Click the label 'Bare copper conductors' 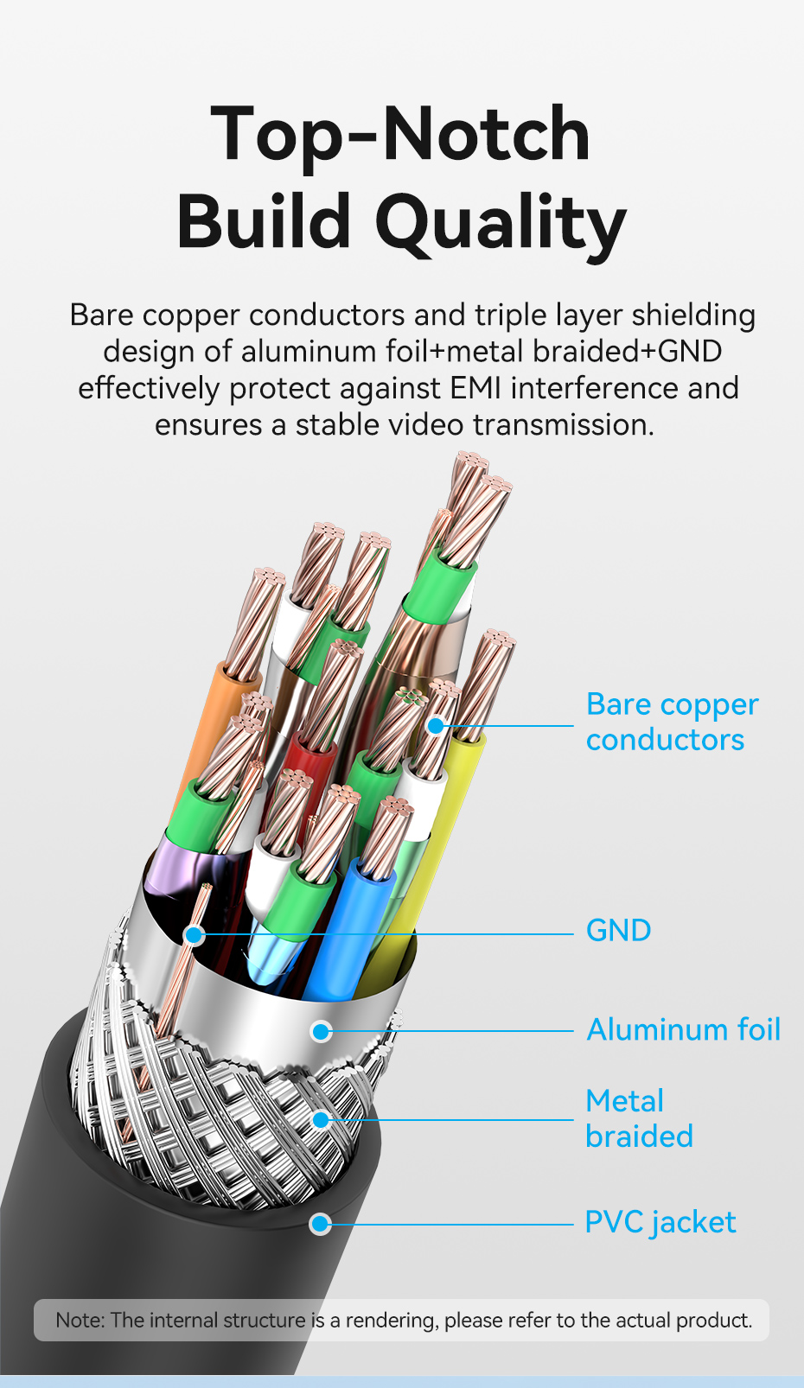(672, 722)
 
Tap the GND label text (618, 931)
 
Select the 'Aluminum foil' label (683, 1030)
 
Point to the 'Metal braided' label (638, 1118)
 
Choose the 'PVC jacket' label (660, 1223)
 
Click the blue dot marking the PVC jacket (321, 1224)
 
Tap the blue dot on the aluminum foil (322, 1031)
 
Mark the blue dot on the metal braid (321, 1120)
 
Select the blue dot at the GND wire (195, 934)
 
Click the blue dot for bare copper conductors (437, 726)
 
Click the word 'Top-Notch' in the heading (400, 134)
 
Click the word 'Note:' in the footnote (80, 1321)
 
